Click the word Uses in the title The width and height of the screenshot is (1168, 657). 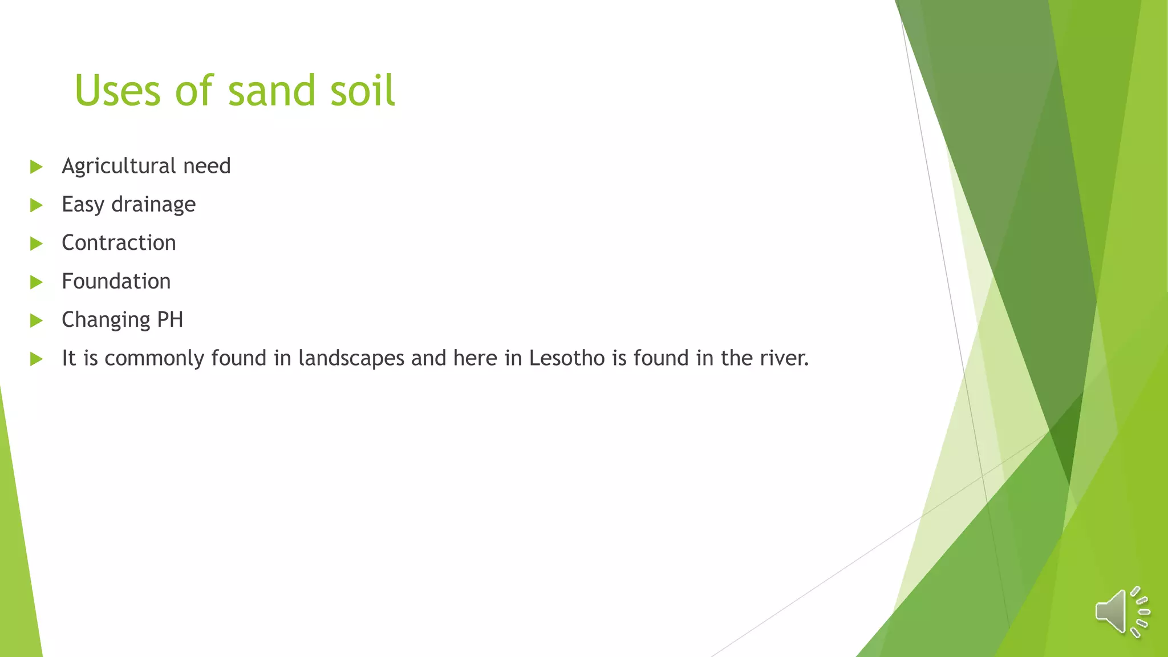pos(117,91)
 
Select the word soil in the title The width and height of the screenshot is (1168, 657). pos(362,91)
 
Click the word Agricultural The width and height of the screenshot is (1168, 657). pos(119,166)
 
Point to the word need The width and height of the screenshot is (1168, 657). pos(207,166)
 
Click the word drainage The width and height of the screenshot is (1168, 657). pos(153,205)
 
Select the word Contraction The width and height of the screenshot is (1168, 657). pos(119,243)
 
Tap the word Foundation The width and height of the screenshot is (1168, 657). pos(116,281)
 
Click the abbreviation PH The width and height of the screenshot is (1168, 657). pos(170,319)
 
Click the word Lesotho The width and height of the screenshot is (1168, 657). pos(567,358)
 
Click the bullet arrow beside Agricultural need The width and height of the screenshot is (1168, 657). pos(36,167)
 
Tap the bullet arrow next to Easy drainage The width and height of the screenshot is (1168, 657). pos(36,205)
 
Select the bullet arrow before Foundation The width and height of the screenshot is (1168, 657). pos(36,282)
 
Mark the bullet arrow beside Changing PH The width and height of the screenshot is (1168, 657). pos(36,321)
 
